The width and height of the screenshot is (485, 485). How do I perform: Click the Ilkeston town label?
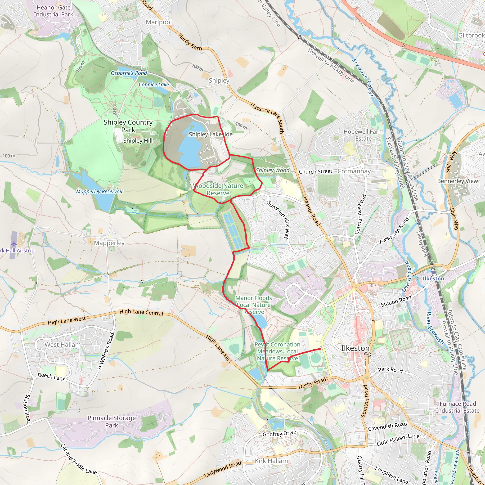coord(355,348)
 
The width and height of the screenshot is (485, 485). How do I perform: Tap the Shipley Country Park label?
coord(128,126)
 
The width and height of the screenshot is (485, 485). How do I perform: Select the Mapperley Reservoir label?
coord(99,192)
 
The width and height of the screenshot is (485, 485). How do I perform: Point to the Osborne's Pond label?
coord(129,73)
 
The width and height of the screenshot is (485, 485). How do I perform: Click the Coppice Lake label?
coord(154,85)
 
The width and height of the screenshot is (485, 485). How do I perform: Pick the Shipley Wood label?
coord(273,170)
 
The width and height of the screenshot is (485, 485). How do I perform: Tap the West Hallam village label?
coord(63,345)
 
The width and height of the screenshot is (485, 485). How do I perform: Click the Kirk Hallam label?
coord(271,461)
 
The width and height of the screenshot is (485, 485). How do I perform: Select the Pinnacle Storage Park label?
coord(112,422)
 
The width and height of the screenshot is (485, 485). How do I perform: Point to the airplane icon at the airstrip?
coord(13,243)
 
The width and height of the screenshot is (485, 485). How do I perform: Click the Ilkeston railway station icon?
coord(433,272)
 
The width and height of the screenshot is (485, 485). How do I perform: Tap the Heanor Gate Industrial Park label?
coord(54,11)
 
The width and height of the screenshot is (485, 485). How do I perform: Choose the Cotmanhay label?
coord(354,171)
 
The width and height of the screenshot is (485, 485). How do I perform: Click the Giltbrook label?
coord(471,35)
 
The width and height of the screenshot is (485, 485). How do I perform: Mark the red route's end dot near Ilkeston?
coord(319,349)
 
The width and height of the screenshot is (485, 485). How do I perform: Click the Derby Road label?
coord(312,383)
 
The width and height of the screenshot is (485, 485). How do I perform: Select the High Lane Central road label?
coord(141,312)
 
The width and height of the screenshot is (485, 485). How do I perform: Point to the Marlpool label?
coord(159,22)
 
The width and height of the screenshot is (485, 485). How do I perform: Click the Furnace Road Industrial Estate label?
coord(458,407)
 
